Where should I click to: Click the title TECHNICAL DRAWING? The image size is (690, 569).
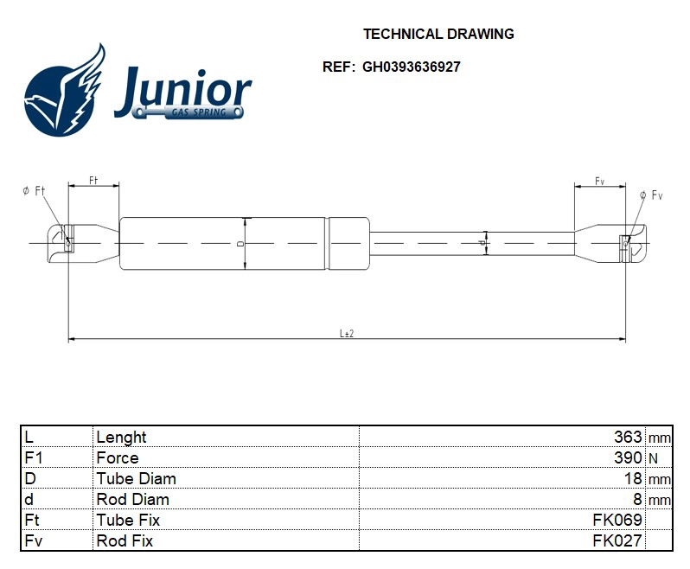click(x=438, y=35)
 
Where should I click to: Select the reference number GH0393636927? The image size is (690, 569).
click(x=411, y=67)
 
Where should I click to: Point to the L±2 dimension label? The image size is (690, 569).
click(x=347, y=333)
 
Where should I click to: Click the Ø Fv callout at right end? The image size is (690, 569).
click(x=651, y=195)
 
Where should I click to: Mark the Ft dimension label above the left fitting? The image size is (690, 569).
click(x=93, y=180)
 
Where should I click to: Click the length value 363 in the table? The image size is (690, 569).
click(x=628, y=437)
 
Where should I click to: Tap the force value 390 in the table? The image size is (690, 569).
click(x=628, y=457)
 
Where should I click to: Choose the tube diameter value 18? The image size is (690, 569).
click(x=633, y=478)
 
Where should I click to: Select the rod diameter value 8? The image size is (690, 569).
click(x=637, y=499)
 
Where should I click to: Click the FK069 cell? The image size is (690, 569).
click(x=617, y=520)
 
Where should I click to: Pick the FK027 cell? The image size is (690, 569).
click(x=617, y=540)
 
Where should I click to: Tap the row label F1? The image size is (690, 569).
click(x=34, y=457)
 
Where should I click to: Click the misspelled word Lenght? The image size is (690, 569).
click(x=121, y=437)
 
